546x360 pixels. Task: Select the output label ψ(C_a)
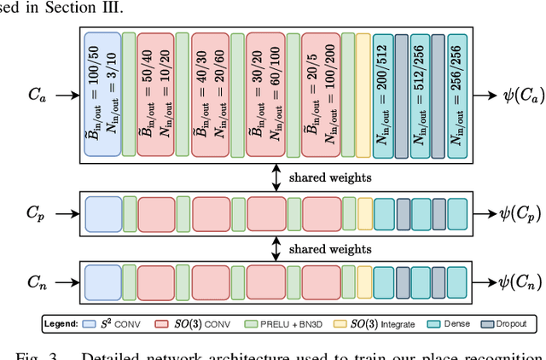(510, 96)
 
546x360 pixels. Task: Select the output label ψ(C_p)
(509, 213)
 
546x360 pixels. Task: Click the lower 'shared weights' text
(330, 249)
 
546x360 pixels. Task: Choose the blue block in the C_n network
(102, 281)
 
